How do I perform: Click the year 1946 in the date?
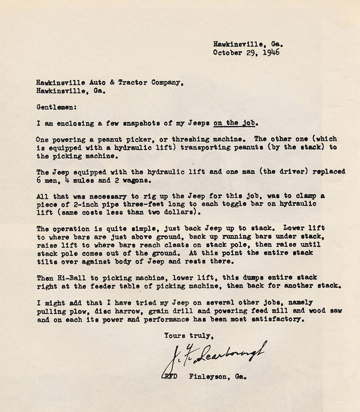coord(271,52)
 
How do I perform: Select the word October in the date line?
coord(227,52)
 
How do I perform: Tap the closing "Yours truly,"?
coord(185,335)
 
